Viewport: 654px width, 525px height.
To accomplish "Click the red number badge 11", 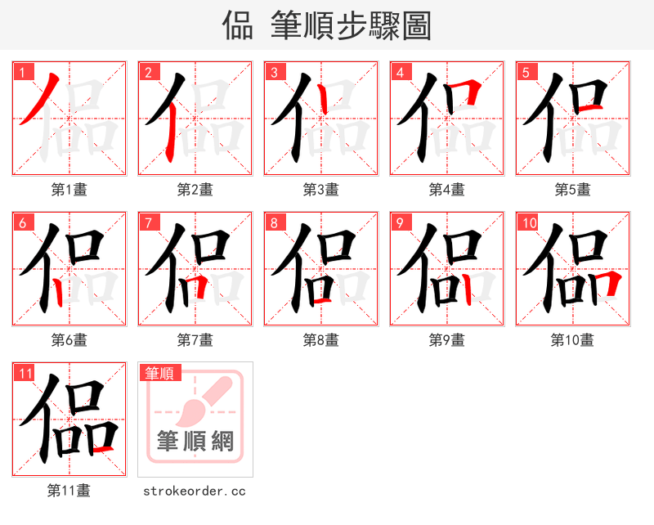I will coord(25,374).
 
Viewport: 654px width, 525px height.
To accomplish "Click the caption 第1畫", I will coord(69,190).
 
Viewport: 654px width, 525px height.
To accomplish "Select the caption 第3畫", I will coord(321,190).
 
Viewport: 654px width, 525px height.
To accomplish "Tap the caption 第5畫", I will coord(573,190).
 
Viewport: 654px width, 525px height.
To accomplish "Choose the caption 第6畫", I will coord(69,340).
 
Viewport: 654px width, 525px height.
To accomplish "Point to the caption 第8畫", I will coord(321,340).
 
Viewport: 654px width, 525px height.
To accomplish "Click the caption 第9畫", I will coord(447,340).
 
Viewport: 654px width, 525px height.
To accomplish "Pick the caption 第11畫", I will coord(69,491).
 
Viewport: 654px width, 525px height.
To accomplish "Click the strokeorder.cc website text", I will coord(195,491).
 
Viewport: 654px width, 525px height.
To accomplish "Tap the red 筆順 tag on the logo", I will coord(159,374).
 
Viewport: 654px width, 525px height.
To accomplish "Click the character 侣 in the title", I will coord(238,26).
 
